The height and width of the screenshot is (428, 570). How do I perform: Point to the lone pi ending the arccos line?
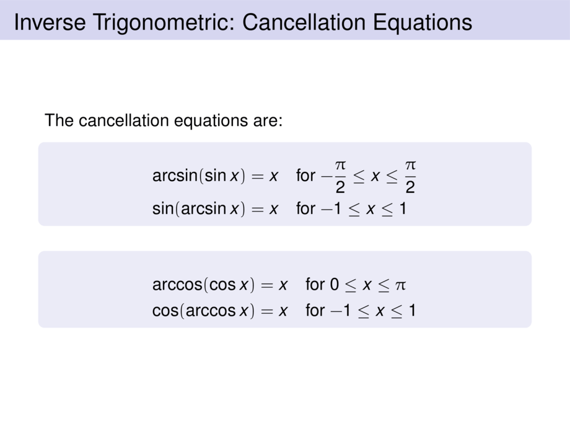(x=400, y=286)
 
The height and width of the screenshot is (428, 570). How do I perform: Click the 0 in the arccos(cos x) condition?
(x=335, y=285)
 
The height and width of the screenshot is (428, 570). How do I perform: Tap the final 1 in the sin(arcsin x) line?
(x=403, y=209)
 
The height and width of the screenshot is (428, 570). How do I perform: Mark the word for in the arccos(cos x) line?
(x=315, y=285)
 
